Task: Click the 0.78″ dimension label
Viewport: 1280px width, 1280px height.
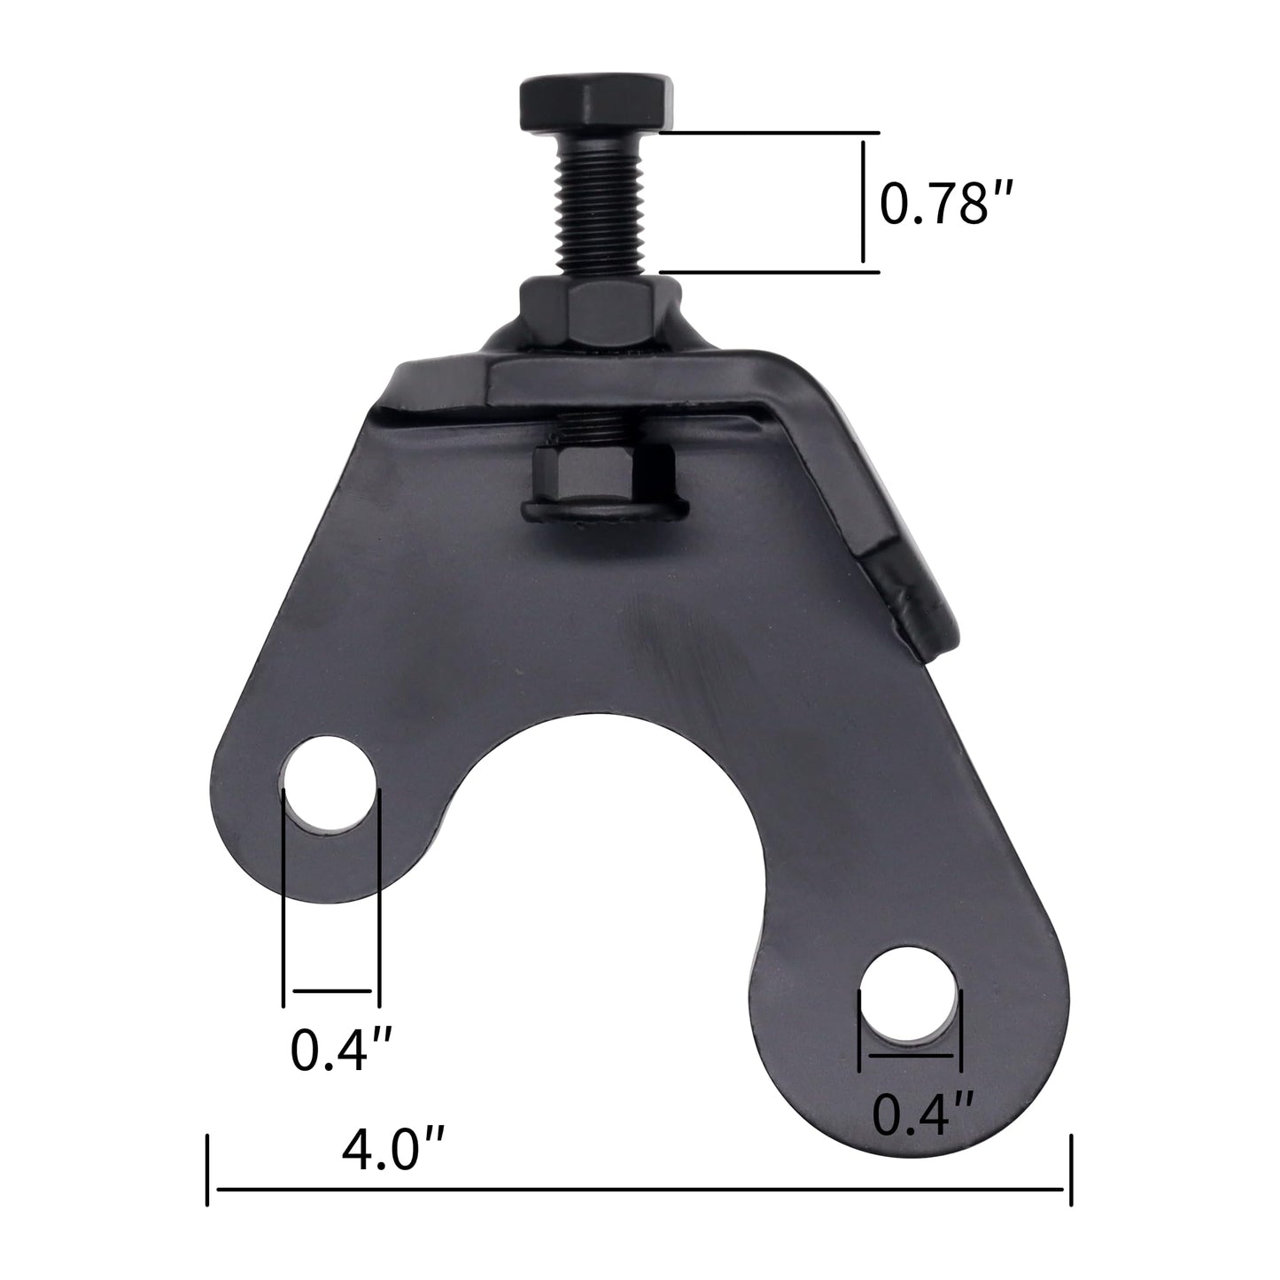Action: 945,205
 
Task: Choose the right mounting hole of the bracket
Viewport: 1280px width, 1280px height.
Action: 910,993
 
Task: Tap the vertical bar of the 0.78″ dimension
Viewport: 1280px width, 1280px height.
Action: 863,202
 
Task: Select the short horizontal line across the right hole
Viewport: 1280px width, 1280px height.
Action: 911,1056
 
